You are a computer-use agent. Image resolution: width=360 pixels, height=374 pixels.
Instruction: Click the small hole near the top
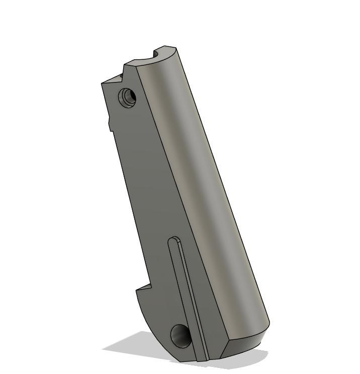(128, 96)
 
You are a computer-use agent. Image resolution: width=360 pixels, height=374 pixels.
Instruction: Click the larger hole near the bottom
(180, 335)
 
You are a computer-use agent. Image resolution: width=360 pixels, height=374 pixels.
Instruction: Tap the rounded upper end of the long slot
(174, 240)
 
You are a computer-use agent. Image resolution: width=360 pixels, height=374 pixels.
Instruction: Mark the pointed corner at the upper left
(103, 83)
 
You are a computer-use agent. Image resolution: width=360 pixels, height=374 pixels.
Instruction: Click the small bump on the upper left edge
(110, 124)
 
